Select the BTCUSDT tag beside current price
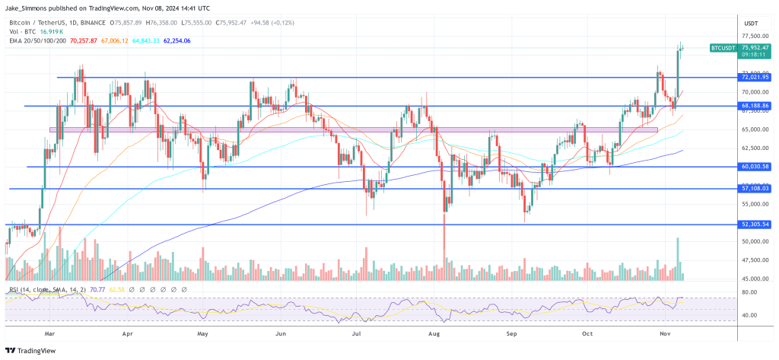723,47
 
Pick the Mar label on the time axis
49,333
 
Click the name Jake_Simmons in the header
29,7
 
